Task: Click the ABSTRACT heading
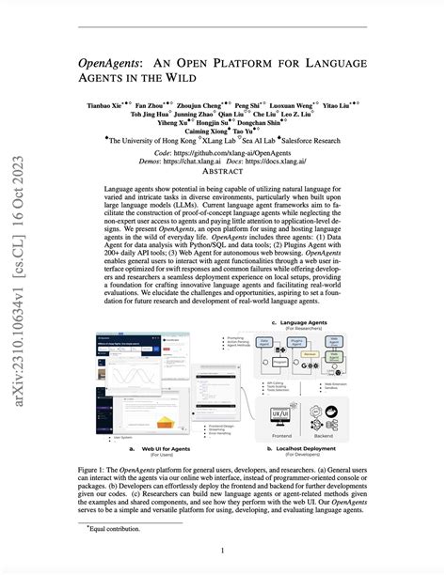tap(223, 172)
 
